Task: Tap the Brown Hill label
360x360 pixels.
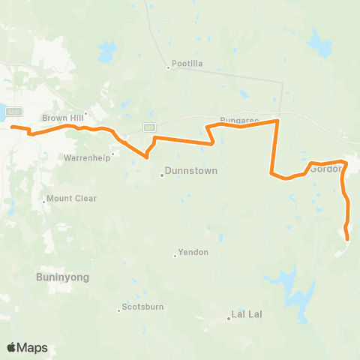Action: pos(64,117)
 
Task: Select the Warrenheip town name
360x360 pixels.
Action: pos(86,157)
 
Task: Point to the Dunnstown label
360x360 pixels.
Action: pos(190,171)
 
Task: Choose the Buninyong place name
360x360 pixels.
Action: pos(62,277)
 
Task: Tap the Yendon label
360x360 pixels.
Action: pos(193,252)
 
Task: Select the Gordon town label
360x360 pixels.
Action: pos(325,169)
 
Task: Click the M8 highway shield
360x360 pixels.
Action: pos(150,127)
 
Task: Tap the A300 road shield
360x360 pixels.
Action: pos(13,112)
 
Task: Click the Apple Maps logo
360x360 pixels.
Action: pos(27,347)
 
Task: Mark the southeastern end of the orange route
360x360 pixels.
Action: pos(348,239)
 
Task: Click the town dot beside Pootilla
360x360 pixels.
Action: pos(168,67)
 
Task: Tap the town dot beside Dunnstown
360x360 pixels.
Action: pos(160,176)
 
